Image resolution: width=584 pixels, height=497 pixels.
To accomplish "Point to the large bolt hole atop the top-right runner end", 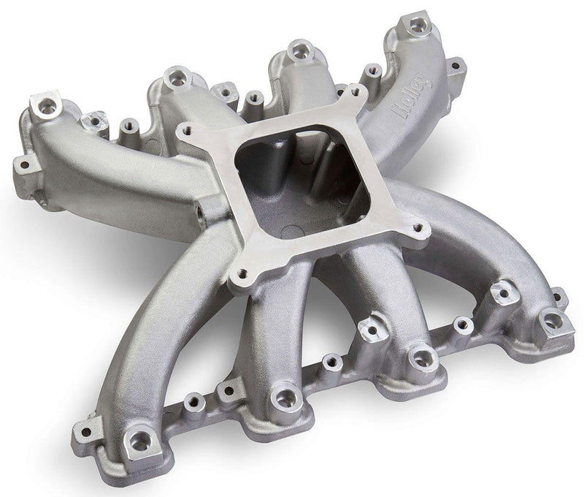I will [x=417, y=26].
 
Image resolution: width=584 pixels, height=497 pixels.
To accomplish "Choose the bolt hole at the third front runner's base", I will [x=422, y=357].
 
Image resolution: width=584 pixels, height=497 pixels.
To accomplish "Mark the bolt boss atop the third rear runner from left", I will [x=299, y=50].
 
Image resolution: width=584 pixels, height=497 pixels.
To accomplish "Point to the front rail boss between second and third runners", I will [x=331, y=360].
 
